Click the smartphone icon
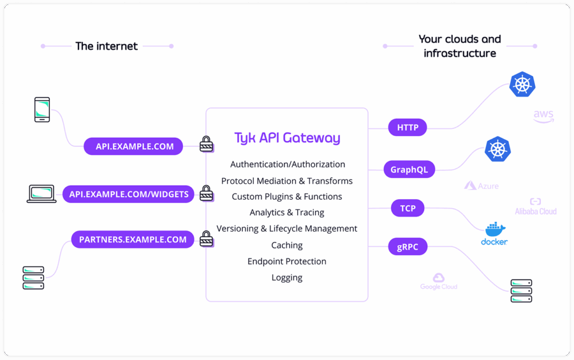pos(42,110)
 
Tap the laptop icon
pos(42,194)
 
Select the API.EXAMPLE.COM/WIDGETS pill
pos(129,194)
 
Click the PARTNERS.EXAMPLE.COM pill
pos(133,239)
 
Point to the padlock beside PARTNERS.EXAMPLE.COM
pos(207,239)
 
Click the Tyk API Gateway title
pos(287,138)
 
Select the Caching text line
pos(287,245)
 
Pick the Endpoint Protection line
pos(287,261)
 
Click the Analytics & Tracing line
pos(287,213)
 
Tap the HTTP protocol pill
pos(408,127)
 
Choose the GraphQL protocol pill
pos(409,169)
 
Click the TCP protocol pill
pos(408,209)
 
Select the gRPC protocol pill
pos(408,246)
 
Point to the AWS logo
pos(543,116)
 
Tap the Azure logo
pos(482,186)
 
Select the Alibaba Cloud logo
pos(535,207)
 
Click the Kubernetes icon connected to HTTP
pos(522,85)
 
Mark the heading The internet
pos(107,46)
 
